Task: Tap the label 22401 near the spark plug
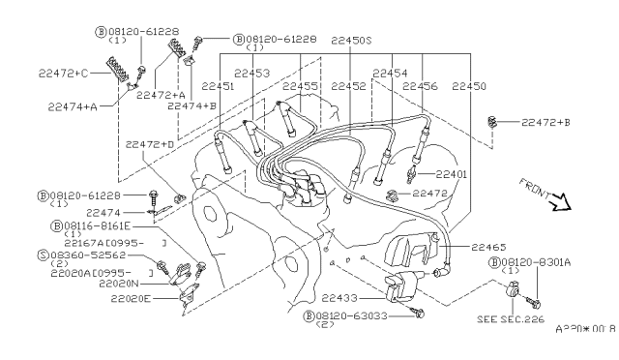450,174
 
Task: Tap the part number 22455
299,85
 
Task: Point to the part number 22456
421,85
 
